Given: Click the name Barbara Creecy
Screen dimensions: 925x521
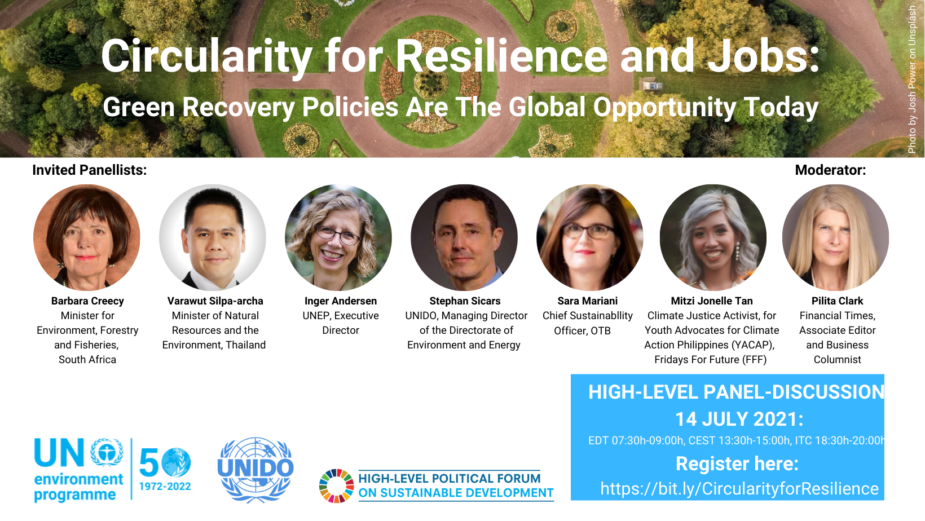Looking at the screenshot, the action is coord(87,301).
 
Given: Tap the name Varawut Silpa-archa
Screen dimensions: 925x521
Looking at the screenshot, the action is coord(215,301).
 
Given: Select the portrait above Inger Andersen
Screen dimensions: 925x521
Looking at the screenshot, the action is coord(338,237).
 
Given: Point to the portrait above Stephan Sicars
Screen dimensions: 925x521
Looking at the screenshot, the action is coord(464,237).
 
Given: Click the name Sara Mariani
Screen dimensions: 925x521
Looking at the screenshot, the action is coord(588,301).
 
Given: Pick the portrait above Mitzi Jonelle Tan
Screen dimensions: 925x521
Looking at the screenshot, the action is coord(713,237).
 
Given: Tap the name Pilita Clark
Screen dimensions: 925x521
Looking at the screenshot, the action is coord(838,301).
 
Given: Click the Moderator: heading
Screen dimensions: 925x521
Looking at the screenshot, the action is coord(830,170).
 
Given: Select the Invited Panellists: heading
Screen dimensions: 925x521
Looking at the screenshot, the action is coord(90,170).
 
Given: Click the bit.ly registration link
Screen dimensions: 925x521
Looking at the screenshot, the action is coord(739,489).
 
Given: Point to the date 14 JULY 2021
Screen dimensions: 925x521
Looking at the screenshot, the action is coord(739,420).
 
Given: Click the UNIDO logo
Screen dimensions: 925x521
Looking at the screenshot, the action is coord(256,470).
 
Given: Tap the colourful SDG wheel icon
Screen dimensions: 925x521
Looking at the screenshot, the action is coord(336,486).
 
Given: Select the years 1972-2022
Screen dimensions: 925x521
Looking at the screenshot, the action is coord(165,486).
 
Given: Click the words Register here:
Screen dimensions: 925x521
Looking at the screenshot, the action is coord(737,464).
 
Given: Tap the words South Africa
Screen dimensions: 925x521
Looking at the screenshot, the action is coord(87,360).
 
